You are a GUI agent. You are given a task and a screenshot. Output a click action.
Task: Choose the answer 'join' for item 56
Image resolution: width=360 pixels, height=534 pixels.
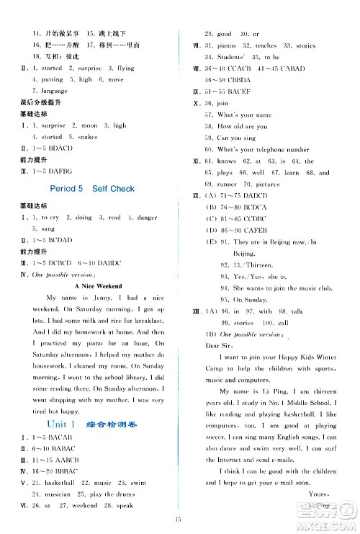point(231,103)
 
